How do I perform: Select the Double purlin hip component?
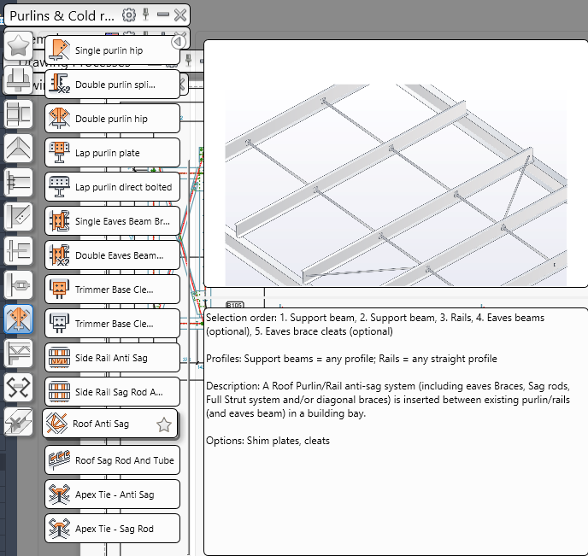[111, 119]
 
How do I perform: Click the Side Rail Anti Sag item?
[111, 358]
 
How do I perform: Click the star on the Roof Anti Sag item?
[164, 424]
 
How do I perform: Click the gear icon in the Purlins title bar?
[129, 15]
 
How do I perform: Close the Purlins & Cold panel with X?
[179, 15]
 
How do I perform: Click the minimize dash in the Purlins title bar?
[162, 15]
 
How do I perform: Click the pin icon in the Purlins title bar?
[146, 15]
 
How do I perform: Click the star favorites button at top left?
[18, 45]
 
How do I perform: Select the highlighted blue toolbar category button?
[19, 319]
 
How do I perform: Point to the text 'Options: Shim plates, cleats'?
[268, 440]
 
